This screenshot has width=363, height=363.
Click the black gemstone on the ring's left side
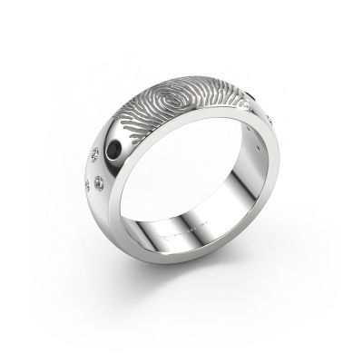[136, 152]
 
